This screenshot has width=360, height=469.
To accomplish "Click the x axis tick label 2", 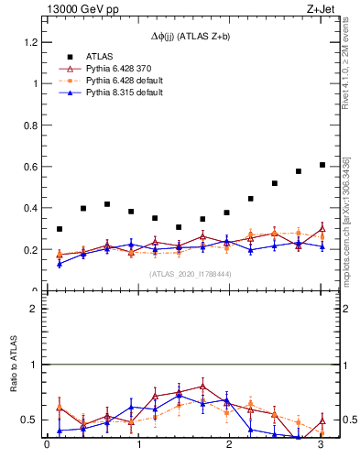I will coord(230,445).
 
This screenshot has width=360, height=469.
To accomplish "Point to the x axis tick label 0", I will coord(47,445).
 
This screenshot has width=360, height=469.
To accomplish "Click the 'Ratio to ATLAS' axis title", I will coord(15,365).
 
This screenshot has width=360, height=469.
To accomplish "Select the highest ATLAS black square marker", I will coord(322,165).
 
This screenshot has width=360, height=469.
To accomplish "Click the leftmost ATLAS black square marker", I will coord(60,229).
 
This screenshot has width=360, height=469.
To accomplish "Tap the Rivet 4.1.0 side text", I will coord(346,69).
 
